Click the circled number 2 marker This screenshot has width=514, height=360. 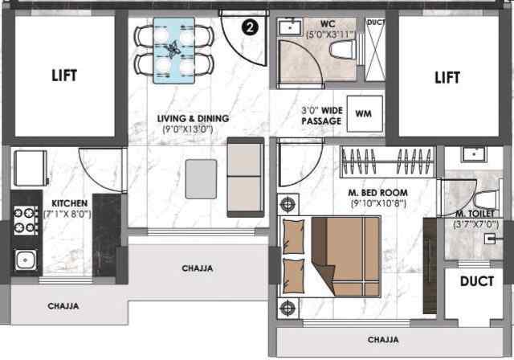pyautogui.click(x=251, y=27)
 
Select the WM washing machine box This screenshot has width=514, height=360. pyautogui.click(x=363, y=112)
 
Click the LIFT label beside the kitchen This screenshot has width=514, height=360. pyautogui.click(x=66, y=77)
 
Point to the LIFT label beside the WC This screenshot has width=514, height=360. pyautogui.click(x=447, y=77)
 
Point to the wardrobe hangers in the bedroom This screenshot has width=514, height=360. pyautogui.click(x=388, y=162)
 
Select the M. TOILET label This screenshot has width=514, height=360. pyautogui.click(x=475, y=213)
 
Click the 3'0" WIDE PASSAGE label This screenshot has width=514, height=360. pyautogui.click(x=321, y=115)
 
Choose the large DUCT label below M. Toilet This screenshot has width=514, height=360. pyautogui.click(x=476, y=282)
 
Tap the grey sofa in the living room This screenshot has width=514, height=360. pyautogui.click(x=245, y=177)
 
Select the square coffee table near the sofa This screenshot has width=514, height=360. pyautogui.click(x=201, y=178)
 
